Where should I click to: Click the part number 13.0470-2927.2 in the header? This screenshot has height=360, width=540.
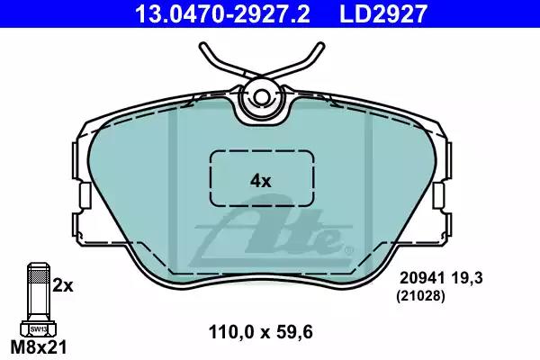pos(223,13)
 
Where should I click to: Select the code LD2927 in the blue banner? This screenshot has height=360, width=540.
pos(383,13)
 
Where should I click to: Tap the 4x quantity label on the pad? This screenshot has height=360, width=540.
pos(261,181)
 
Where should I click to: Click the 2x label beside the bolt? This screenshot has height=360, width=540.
pos(63,285)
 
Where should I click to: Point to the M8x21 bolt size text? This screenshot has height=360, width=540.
pos(38,346)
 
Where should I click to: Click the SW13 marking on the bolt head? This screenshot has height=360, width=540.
pos(38,329)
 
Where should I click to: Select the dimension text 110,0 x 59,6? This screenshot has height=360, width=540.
pos(261,332)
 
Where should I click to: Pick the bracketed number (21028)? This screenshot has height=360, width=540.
pos(421,296)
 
